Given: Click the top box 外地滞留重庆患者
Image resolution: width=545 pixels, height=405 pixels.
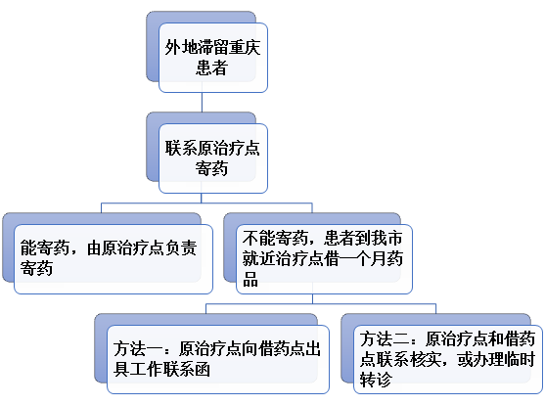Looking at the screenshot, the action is coord(213,58).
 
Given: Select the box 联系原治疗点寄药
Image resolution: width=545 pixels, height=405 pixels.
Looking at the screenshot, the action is coord(213,158).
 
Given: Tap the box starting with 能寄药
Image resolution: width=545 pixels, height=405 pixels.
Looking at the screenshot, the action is coord(114,259).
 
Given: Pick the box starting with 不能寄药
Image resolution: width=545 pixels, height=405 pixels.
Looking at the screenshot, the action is coord(324,259).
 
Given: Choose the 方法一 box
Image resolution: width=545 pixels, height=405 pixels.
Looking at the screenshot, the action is coord(218,359).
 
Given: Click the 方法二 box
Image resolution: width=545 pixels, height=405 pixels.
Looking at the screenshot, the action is coord(448,359).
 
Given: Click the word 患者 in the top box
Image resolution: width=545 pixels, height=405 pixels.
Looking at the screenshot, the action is coord(211,67).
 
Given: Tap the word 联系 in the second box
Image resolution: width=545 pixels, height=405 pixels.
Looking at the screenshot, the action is coord(181,148).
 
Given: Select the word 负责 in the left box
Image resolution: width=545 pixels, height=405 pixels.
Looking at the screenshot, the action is coord(181,248).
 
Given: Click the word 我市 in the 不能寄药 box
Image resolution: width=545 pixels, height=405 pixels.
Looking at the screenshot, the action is coord(386,238).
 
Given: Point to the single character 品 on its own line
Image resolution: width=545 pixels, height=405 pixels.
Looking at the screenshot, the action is coord(250,280).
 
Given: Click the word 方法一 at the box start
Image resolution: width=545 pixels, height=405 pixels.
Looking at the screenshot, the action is coord(137,348).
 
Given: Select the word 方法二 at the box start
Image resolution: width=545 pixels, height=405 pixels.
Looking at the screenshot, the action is coord(384,338).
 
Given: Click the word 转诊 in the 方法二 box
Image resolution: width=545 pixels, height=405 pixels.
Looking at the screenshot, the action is coord(376,380).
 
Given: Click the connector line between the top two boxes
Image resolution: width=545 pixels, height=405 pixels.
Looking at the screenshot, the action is coord(202,102).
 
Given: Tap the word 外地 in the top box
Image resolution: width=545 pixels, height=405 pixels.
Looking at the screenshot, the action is coord(180,47).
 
